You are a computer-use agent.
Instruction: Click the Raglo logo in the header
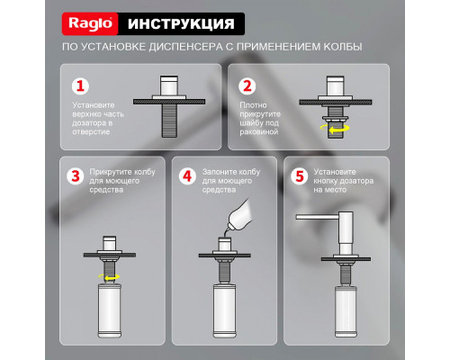[90, 22]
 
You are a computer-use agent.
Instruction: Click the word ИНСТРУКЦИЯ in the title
[180, 22]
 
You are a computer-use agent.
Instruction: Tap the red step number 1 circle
[81, 86]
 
